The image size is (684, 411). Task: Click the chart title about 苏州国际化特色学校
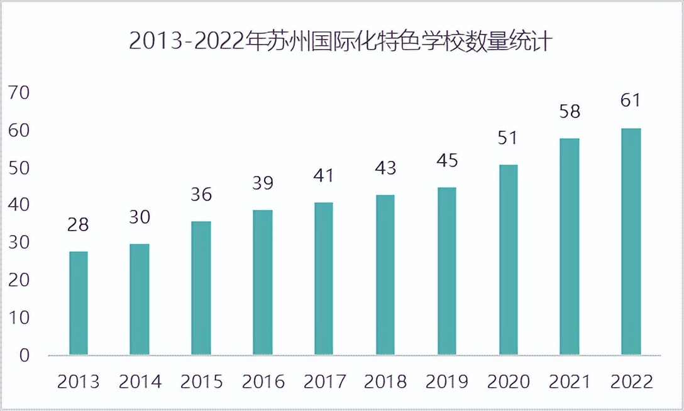coord(341,41)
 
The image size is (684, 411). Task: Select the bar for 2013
coord(79,303)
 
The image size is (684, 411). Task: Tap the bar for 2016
coord(263,282)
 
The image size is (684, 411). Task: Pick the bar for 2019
coord(447,271)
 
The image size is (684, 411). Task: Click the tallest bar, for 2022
coord(631,241)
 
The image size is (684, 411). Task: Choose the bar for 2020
coord(509,260)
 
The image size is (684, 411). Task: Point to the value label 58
coord(570,112)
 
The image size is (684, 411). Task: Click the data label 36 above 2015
coord(201,195)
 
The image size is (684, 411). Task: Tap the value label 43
coord(385,168)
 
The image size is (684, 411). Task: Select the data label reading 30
coord(140,217)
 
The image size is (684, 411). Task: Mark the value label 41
coord(324,176)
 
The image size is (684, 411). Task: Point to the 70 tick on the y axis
coord(19,93)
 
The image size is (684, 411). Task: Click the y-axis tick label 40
coord(19,205)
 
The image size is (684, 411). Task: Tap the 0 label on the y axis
coord(25,356)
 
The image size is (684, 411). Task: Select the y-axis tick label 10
coord(19,318)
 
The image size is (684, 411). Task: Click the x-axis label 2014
coord(140,381)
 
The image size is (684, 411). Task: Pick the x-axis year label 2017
coord(324,381)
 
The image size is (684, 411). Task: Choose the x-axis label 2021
coord(570,381)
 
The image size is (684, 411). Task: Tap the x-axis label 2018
coord(385,381)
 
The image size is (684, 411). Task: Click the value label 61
coord(631,101)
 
